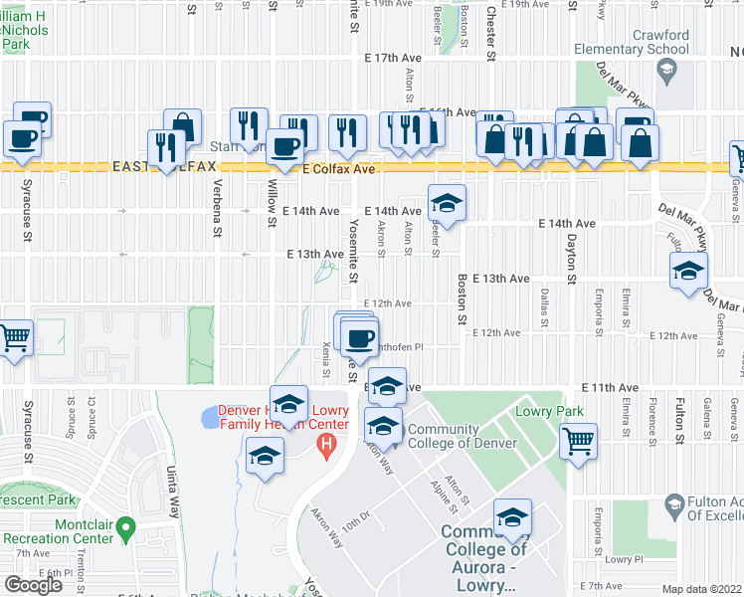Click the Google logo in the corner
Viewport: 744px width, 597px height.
(x=33, y=585)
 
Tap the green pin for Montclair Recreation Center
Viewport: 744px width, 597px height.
(x=125, y=525)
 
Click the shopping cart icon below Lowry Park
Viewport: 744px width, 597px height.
(x=578, y=441)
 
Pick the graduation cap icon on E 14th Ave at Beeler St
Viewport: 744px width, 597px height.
(x=448, y=204)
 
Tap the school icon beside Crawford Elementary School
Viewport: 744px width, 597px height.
(x=665, y=70)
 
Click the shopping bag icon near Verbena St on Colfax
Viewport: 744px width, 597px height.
(x=183, y=125)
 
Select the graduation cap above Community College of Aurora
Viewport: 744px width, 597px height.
(x=513, y=517)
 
